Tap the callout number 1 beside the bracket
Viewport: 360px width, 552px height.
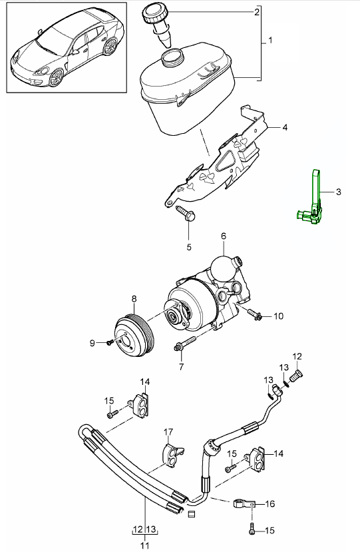pos(270,41)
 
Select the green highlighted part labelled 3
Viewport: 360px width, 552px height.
pos(311,199)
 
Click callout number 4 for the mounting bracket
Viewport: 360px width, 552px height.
pos(285,127)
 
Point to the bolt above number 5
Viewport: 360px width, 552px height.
pos(185,213)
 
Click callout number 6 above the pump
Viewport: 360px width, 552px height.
pos(224,236)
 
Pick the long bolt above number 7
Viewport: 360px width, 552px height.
pos(185,343)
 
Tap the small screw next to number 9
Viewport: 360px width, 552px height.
pos(110,342)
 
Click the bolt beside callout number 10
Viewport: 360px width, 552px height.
pos(255,314)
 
